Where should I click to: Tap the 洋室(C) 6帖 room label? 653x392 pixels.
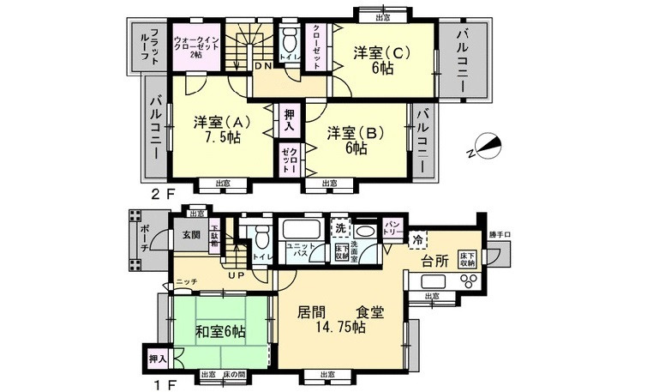pyautogui.click(x=381, y=59)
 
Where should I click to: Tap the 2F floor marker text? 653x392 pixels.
pyautogui.click(x=163, y=193)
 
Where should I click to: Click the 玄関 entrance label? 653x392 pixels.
pyautogui.click(x=191, y=233)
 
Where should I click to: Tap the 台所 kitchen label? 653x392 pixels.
pyautogui.click(x=434, y=260)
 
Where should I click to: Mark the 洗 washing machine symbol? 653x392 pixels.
pyautogui.click(x=340, y=230)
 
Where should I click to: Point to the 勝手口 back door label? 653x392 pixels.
pyautogui.click(x=498, y=232)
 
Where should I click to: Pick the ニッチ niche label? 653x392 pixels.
pyautogui.click(x=186, y=280)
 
